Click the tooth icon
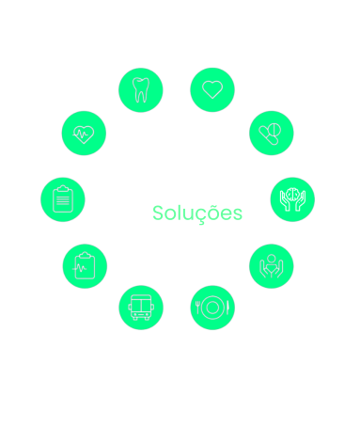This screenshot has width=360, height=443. (141, 90)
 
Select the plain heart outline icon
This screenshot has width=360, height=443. (212, 89)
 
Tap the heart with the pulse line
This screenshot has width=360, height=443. (84, 134)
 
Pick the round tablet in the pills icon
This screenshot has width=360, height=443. (274, 130)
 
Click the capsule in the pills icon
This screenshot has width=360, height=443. (268, 135)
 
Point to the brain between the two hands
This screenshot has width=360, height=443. (292, 195)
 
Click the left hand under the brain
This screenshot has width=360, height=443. (285, 201)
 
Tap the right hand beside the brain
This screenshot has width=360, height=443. (301, 201)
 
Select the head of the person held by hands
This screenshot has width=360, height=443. (272, 259)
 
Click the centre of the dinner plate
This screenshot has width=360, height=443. (212, 308)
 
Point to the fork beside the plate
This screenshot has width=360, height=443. (197, 308)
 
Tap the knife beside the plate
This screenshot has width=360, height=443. (227, 308)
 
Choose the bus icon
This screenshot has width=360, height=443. (141, 308)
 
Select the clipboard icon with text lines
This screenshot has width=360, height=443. (63, 199)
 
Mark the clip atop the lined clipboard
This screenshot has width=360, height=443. (63, 188)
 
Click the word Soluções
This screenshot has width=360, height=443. (197, 214)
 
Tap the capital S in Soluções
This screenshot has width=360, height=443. (158, 214)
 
